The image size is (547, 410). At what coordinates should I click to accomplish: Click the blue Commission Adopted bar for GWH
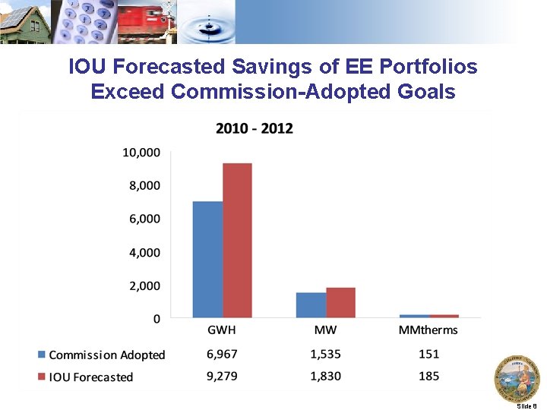[x=207, y=260]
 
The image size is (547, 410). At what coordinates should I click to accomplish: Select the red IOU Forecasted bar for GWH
[x=237, y=241]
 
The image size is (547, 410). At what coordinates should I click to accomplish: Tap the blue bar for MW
[x=311, y=305]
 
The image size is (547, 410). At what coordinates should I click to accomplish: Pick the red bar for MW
[x=340, y=303]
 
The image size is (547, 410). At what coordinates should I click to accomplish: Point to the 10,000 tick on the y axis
[x=141, y=152]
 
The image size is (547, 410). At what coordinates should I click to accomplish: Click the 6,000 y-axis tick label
[x=144, y=219]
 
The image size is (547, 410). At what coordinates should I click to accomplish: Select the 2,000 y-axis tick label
[x=144, y=285]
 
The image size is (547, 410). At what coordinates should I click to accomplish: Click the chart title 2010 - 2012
[x=255, y=128]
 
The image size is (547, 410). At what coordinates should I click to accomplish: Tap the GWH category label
[x=222, y=330]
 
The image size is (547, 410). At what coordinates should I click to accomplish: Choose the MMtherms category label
[x=428, y=330]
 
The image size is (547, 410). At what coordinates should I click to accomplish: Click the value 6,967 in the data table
[x=222, y=354]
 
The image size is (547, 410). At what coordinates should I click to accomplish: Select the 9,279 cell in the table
[x=222, y=376]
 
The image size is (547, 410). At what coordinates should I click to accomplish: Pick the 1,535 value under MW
[x=325, y=354]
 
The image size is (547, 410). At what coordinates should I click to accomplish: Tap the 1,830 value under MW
[x=325, y=376]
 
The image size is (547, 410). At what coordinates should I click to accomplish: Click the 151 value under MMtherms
[x=428, y=354]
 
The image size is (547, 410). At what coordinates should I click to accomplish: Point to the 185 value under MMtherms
[x=428, y=376]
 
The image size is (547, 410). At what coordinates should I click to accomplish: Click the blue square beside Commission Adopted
[x=42, y=355]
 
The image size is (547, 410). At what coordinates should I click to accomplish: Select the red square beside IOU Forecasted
[x=42, y=377]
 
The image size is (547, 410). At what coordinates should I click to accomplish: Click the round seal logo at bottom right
[x=517, y=377]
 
